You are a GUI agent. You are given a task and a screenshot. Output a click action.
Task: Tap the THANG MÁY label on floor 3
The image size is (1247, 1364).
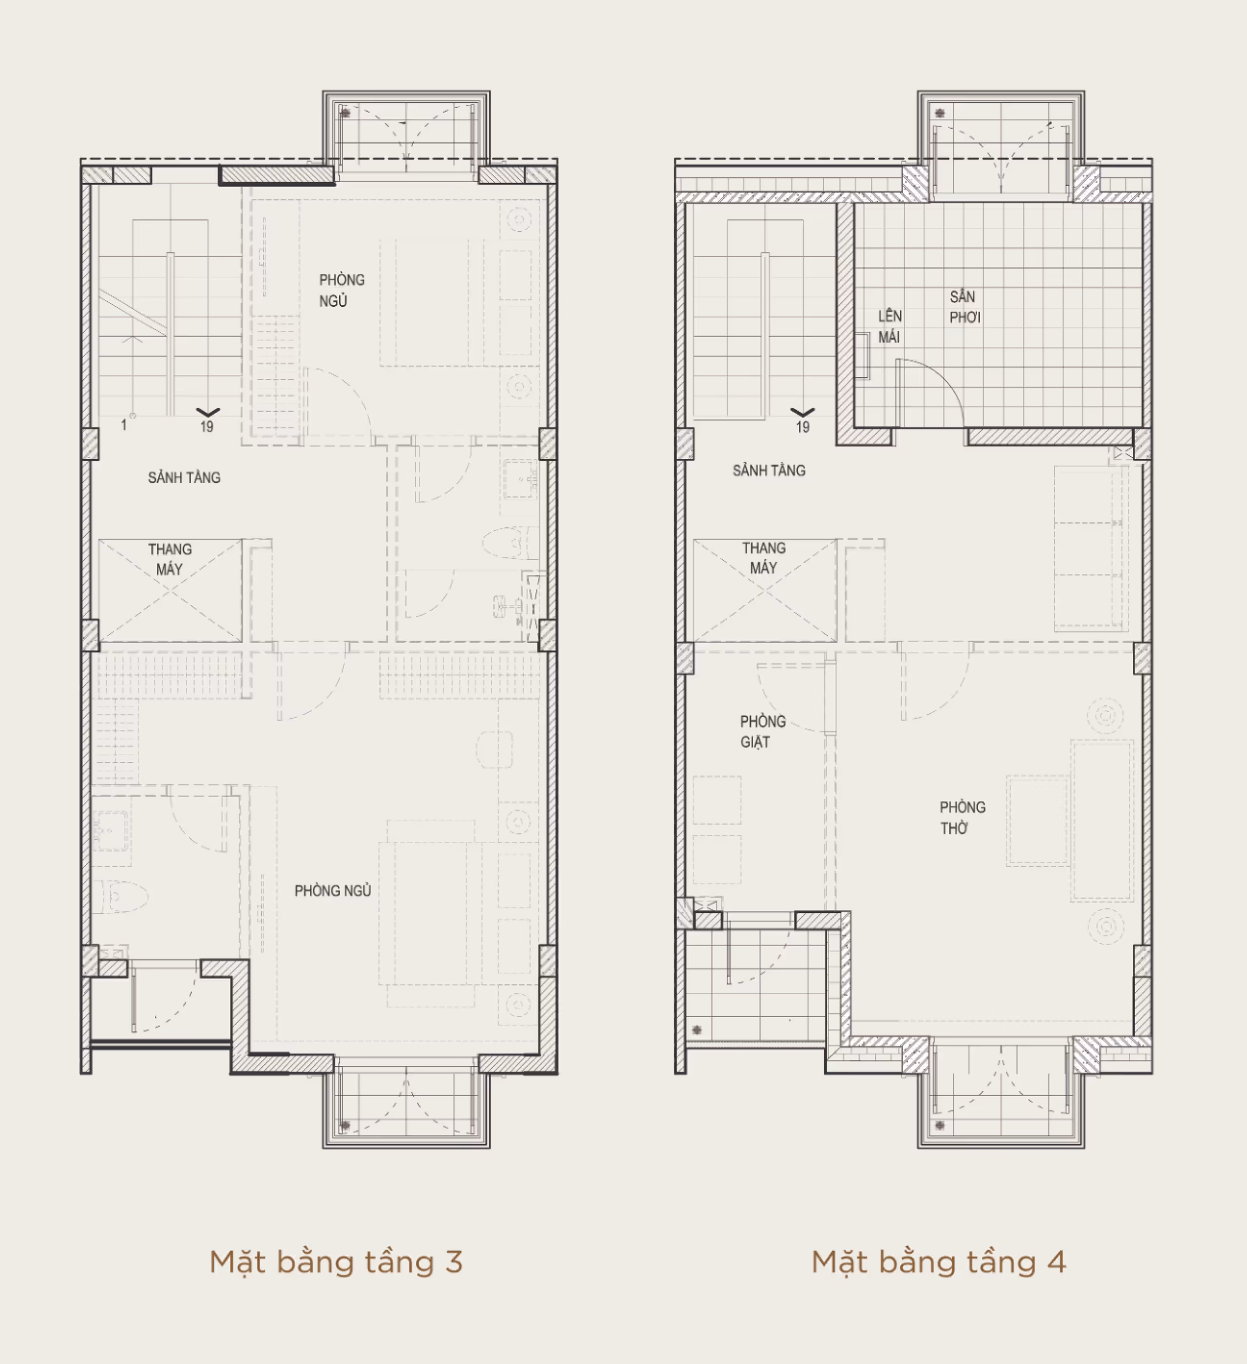click(x=170, y=559)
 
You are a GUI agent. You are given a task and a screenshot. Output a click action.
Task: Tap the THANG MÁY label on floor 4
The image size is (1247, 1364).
click(x=764, y=557)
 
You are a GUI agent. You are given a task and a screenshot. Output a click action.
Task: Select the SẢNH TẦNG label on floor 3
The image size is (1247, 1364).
click(x=184, y=478)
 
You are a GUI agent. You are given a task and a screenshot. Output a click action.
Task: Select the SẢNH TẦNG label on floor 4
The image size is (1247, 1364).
click(x=769, y=470)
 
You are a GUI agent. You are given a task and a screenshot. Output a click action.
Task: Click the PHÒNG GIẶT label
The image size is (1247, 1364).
click(x=762, y=731)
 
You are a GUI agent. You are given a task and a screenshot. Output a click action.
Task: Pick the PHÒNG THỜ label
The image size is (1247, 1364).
click(x=962, y=817)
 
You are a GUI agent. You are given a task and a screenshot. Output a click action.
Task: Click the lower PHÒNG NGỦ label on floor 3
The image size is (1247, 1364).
click(x=333, y=891)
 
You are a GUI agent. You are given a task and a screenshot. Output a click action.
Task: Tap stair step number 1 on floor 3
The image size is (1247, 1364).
click(x=123, y=425)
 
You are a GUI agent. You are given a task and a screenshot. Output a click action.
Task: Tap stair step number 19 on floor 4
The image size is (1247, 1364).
click(x=802, y=427)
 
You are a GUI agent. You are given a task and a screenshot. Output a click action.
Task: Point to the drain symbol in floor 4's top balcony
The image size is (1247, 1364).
click(x=940, y=113)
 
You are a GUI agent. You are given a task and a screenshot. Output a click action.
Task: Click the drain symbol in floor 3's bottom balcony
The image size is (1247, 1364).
click(x=345, y=1126)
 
